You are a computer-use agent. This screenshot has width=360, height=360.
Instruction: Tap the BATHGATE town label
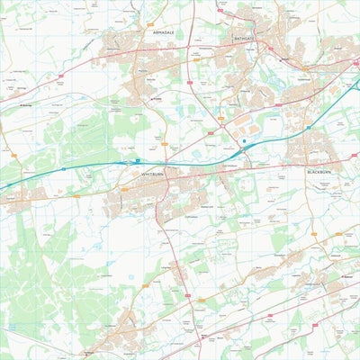click(245, 40)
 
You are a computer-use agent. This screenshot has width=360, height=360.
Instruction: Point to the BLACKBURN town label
click(319, 171)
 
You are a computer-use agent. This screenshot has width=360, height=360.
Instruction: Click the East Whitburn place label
click(229, 166)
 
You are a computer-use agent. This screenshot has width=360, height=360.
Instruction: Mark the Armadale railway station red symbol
click(157, 99)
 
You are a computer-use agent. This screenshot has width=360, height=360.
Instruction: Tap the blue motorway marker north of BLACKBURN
click(308, 128)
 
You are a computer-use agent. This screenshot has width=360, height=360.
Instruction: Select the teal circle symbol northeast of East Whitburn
click(243, 141)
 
